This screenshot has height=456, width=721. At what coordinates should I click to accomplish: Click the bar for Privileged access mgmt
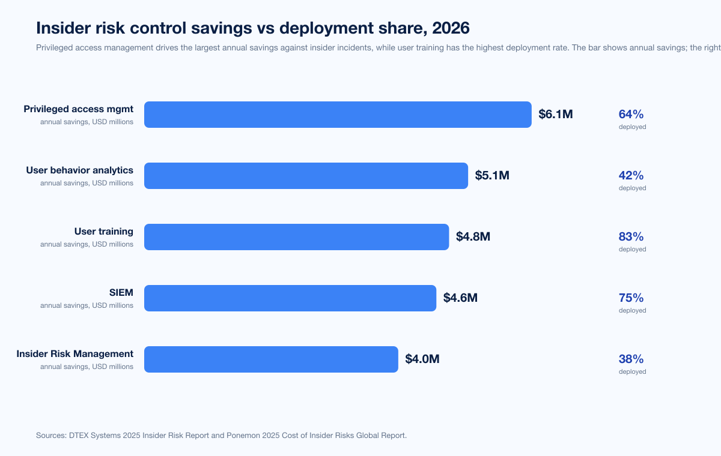pos(338,115)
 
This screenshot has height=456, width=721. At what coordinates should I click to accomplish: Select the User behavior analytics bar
pos(306,176)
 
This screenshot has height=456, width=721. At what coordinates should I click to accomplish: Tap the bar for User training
pos(296,237)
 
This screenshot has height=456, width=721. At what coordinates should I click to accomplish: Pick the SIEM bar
pos(290,298)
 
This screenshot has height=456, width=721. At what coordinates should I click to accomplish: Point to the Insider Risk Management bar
pos(271,359)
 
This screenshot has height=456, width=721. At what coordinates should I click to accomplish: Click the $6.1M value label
pos(556,115)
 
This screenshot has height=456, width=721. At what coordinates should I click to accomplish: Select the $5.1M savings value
pos(492,176)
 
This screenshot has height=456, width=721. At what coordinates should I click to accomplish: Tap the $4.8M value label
pos(473,237)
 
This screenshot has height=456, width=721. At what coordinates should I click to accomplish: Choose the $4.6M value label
pos(460,298)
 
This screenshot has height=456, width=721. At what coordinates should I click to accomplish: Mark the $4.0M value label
pos(422,359)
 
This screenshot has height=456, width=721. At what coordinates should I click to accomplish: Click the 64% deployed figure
pos(631,114)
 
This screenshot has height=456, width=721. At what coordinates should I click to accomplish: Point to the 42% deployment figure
pos(631,175)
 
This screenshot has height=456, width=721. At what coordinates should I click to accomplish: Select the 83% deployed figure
pos(631,236)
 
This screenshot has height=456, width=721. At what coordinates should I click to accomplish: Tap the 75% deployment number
pos(631,298)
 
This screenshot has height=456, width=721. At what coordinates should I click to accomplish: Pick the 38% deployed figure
pos(631,359)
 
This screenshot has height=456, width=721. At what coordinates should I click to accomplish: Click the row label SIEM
pos(121,293)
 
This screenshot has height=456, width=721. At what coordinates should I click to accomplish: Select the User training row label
pos(104,232)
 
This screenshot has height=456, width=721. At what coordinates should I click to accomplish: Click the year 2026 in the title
pos(451,28)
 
